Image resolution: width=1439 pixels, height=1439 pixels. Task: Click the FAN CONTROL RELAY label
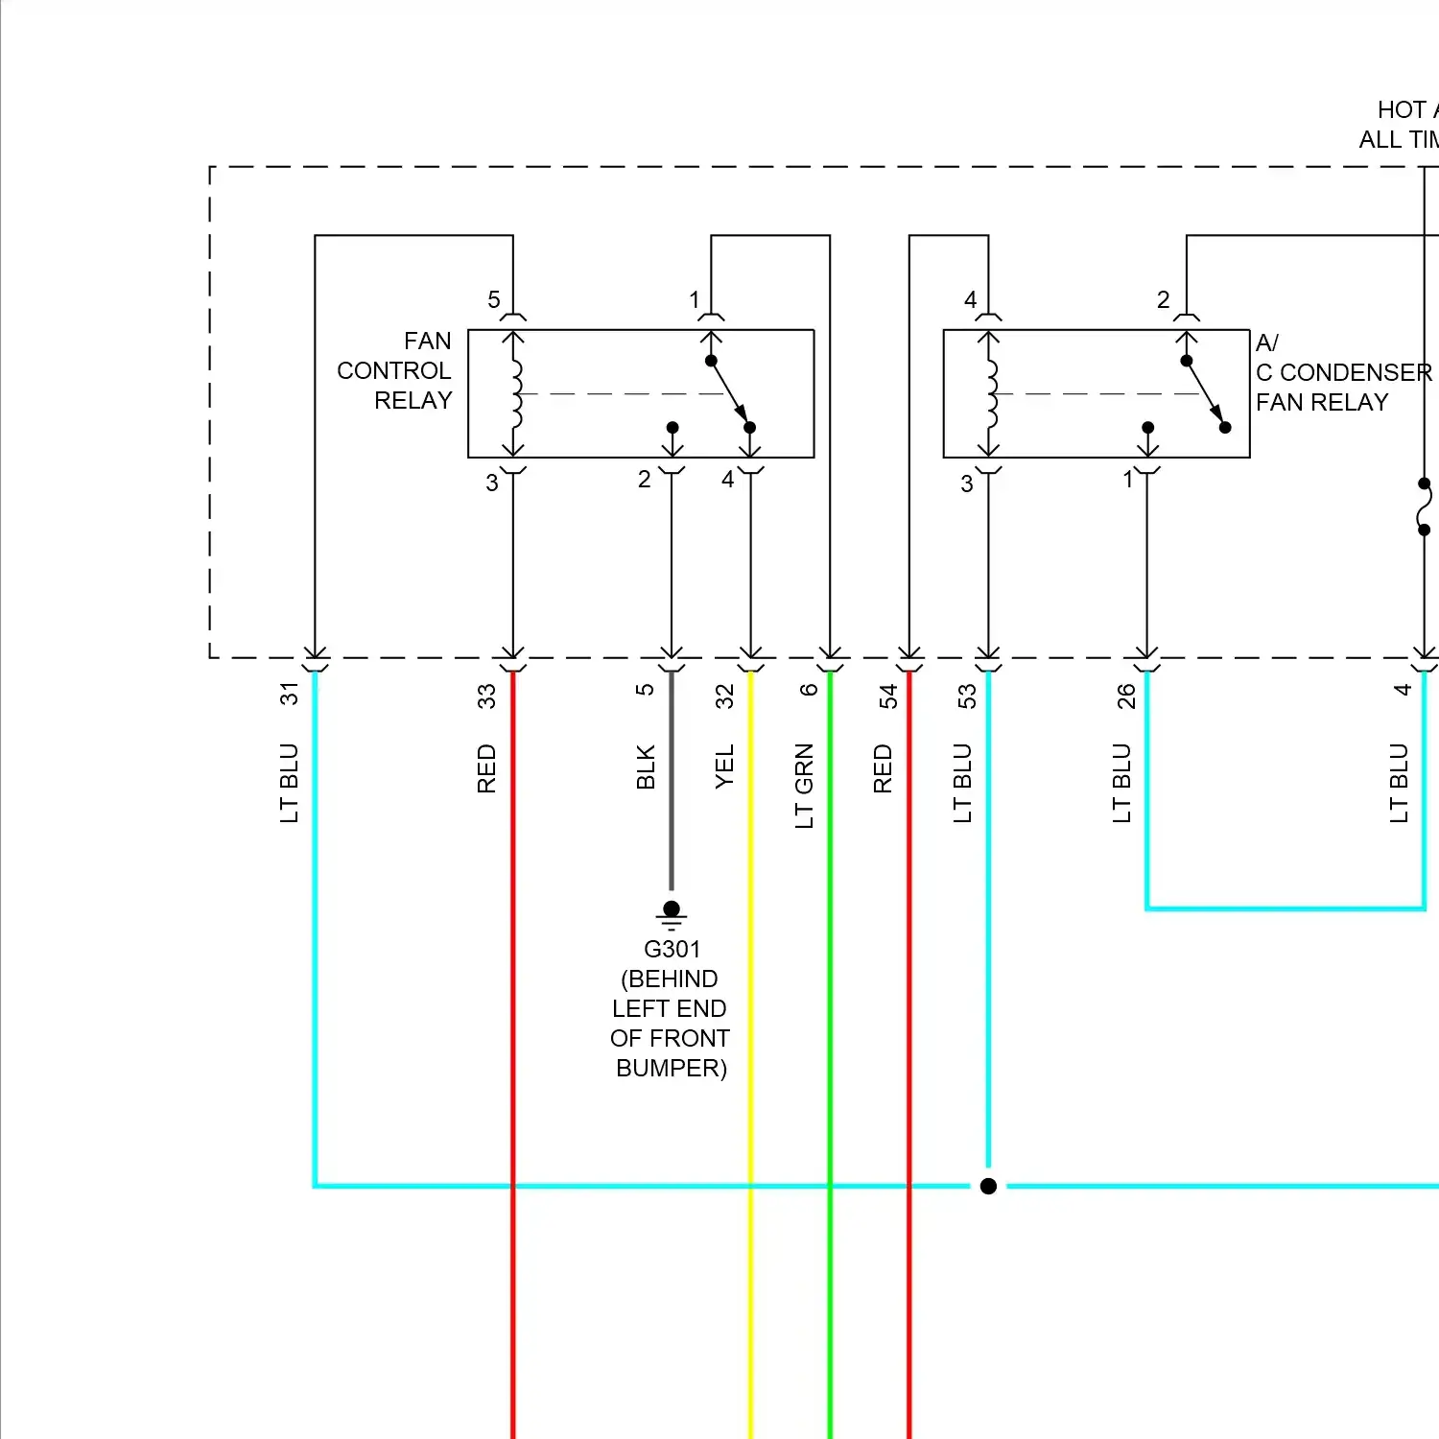(x=394, y=370)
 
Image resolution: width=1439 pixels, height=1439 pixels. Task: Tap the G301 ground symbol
(x=672, y=914)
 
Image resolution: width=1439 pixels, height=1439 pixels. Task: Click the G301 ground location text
(x=671, y=1008)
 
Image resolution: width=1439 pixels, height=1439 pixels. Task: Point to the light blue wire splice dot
(x=988, y=1186)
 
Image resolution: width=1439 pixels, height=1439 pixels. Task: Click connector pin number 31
(x=289, y=694)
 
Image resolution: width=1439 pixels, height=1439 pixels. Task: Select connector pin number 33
(x=486, y=696)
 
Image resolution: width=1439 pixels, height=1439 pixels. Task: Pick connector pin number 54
(x=887, y=696)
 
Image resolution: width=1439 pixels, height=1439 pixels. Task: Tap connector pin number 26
(x=1125, y=696)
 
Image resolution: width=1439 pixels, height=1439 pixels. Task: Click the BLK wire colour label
(x=646, y=767)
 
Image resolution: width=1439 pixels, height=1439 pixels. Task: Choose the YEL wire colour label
(x=724, y=767)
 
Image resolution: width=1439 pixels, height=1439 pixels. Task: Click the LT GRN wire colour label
(x=804, y=785)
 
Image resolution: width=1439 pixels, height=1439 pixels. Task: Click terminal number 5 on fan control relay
(x=493, y=300)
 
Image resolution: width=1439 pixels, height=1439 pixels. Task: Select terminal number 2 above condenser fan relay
(x=1163, y=300)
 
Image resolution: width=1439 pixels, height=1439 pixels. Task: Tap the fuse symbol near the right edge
(x=1424, y=507)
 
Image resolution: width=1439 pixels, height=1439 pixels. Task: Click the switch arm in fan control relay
(x=730, y=393)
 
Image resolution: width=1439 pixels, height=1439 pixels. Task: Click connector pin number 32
(x=724, y=696)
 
